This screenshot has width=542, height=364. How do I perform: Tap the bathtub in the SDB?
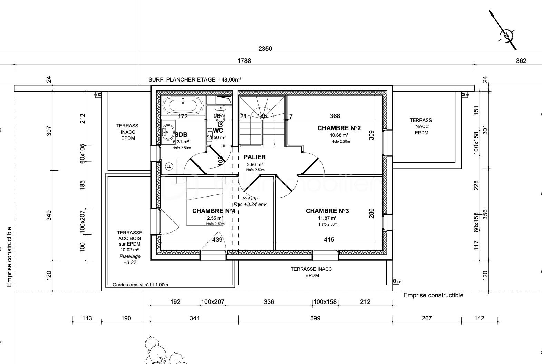click(183, 105)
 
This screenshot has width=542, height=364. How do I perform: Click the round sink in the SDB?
click(168, 132)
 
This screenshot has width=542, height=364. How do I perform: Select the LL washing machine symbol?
click(169, 166)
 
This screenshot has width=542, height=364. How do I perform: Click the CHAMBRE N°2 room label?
click(339, 128)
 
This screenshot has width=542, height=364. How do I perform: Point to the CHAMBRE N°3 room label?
click(327, 211)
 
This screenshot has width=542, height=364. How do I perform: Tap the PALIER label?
click(255, 157)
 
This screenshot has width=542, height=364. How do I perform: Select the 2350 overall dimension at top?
click(265, 49)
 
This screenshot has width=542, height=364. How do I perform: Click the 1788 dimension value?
click(244, 61)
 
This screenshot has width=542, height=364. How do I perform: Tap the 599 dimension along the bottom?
click(315, 318)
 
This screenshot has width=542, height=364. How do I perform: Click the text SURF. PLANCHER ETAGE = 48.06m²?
click(195, 79)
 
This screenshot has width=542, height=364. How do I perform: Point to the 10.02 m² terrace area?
click(129, 250)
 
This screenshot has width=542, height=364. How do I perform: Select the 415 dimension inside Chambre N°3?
click(329, 240)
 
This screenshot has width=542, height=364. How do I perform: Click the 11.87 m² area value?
click(327, 218)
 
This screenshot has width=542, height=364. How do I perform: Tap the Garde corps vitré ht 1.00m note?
click(140, 285)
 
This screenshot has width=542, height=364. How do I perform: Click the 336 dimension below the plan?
click(269, 302)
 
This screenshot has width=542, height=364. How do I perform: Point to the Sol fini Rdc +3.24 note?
click(250, 201)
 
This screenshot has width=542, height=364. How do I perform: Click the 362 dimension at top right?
click(521, 61)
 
